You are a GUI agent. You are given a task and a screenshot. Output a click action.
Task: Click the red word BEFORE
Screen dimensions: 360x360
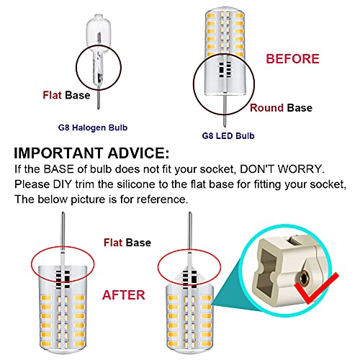(x=292, y=58)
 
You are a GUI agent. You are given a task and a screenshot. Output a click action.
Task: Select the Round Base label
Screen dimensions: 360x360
(x=282, y=108)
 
